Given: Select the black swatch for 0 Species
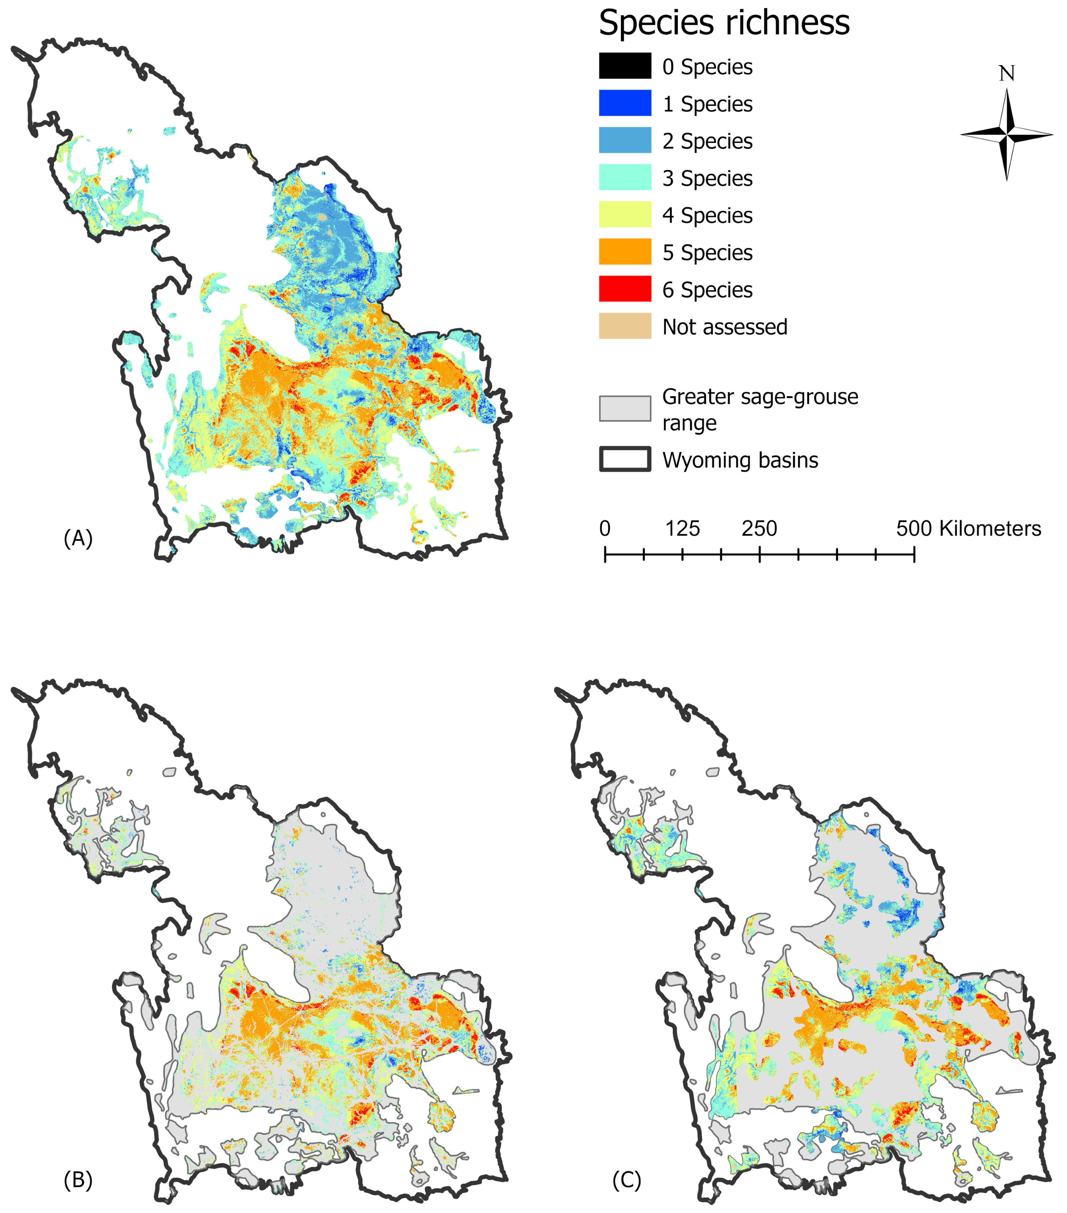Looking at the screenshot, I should [x=625, y=66].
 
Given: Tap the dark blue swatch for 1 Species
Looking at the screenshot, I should [x=625, y=103].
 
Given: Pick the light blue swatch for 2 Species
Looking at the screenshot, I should [x=625, y=141].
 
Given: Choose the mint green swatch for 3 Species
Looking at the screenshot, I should [x=625, y=177].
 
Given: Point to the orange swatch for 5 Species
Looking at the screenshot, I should [x=625, y=251].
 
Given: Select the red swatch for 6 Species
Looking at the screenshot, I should [x=625, y=289].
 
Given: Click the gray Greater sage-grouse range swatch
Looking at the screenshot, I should [x=625, y=409].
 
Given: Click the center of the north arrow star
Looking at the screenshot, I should [x=1006, y=135].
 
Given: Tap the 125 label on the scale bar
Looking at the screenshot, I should [x=682, y=528].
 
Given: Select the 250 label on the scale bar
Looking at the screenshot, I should [x=759, y=528].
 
